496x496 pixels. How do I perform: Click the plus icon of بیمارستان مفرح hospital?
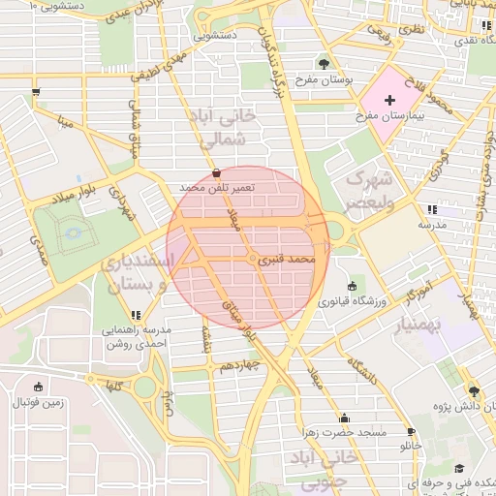coord(390,100)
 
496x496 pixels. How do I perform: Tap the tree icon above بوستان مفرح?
coord(323,62)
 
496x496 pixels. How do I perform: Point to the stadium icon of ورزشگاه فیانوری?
coord(351,286)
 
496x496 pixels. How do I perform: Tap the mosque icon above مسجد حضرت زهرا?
coord(338,415)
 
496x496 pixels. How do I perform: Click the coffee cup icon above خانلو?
coord(411,431)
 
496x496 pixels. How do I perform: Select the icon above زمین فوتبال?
coord(38,386)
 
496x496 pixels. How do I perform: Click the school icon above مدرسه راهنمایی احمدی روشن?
coord(137,314)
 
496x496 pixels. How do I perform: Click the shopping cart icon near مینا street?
coord(36,92)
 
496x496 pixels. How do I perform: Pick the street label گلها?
coord(114,385)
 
